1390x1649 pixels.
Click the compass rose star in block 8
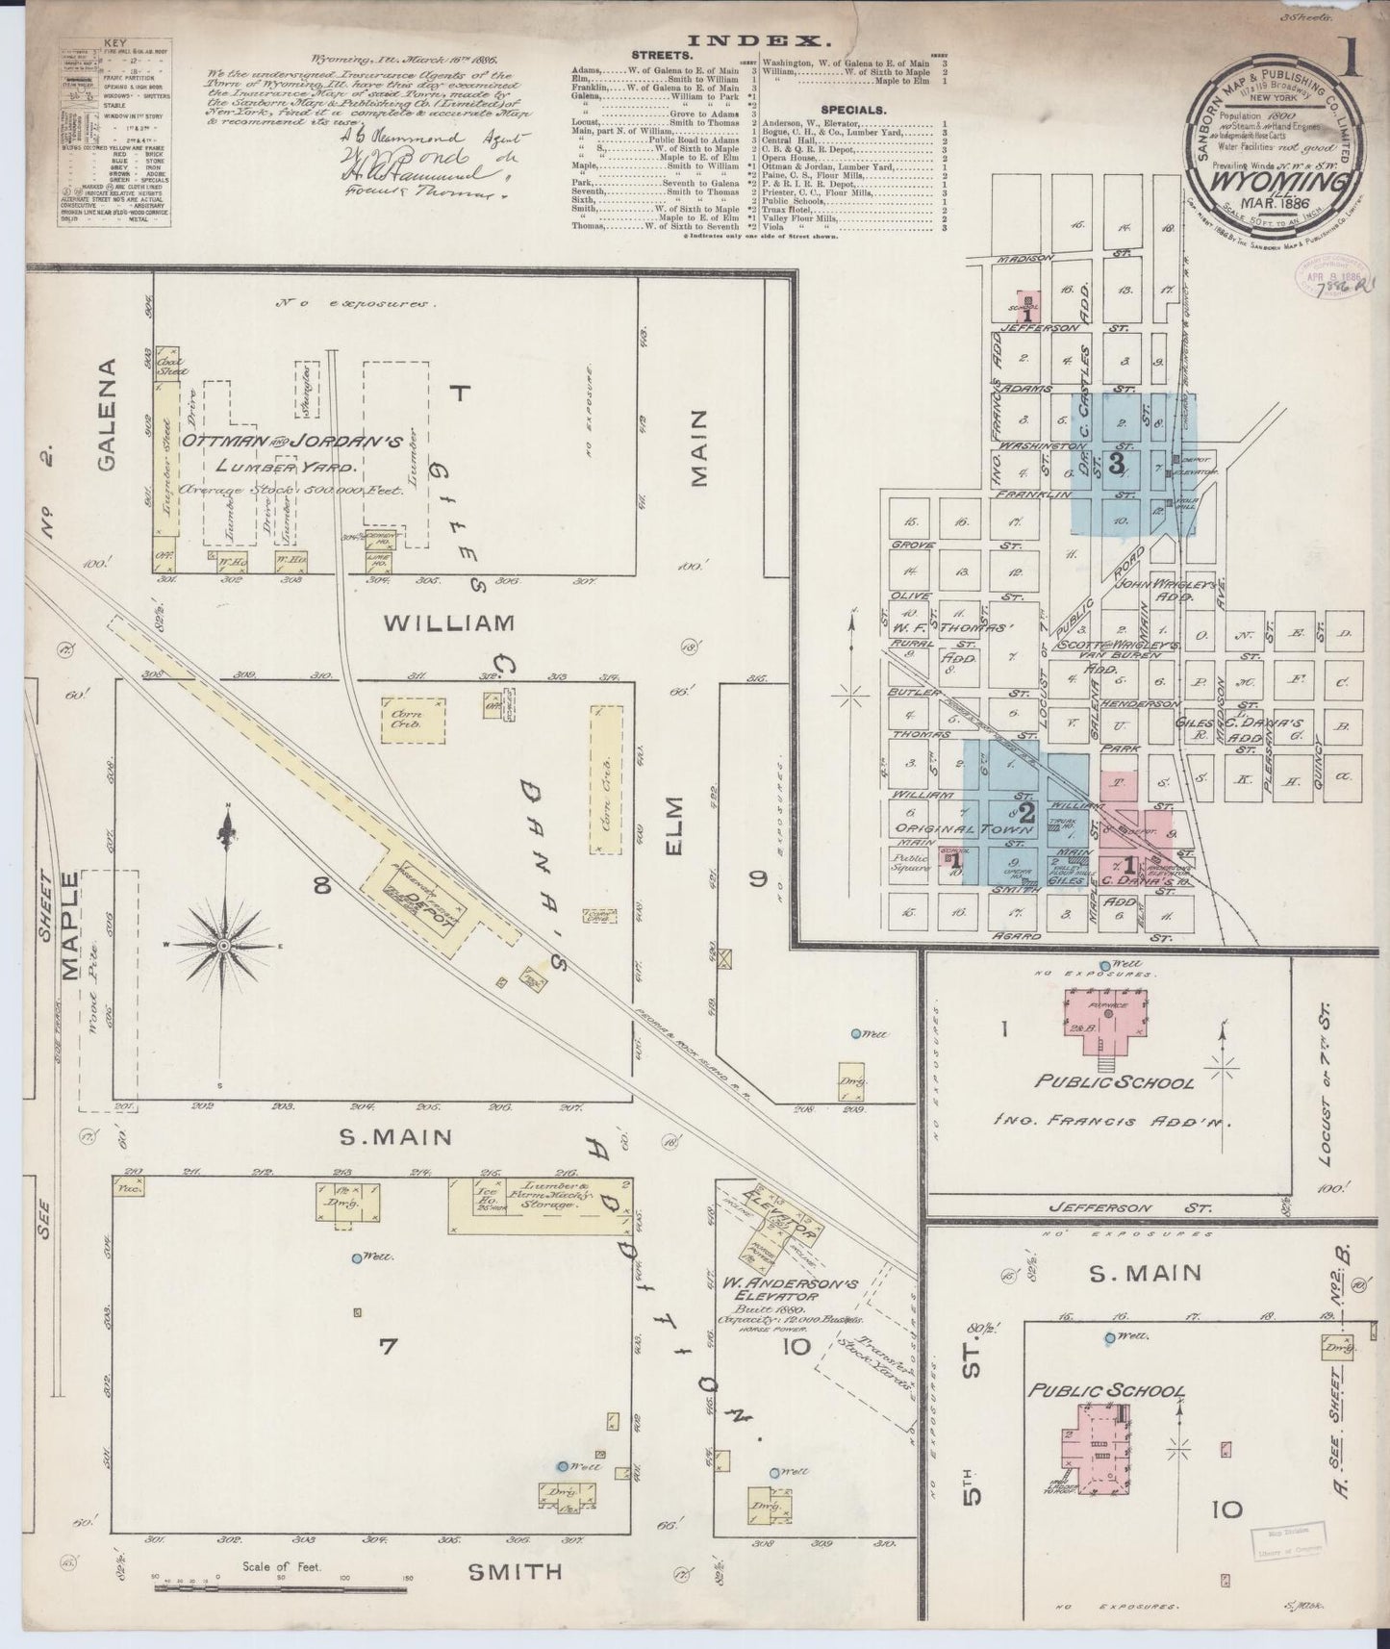(223, 945)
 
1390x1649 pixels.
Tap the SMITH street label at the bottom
(514, 1571)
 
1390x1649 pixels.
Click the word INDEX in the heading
(759, 40)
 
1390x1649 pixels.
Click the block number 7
(387, 1347)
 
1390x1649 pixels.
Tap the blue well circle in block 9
(855, 1033)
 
